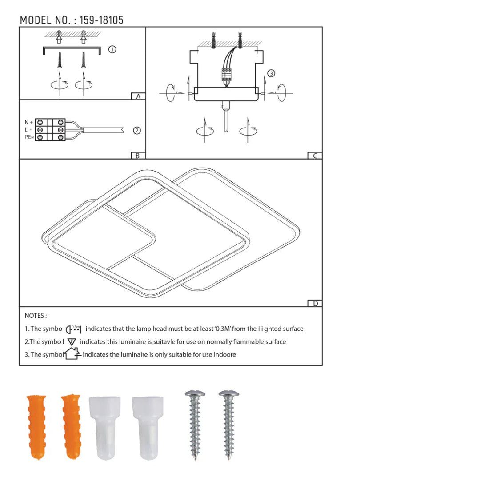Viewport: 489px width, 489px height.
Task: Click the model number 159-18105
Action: point(101,20)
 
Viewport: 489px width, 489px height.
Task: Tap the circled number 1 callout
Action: point(112,49)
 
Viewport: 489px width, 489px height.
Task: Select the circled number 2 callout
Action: point(137,131)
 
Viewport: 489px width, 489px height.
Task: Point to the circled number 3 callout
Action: point(271,73)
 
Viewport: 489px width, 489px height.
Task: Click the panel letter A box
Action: point(138,96)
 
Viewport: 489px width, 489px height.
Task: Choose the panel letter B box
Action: point(138,156)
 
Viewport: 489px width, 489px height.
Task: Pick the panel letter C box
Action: point(315,156)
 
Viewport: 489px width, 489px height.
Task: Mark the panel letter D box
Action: point(315,304)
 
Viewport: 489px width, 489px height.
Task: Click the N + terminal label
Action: point(29,123)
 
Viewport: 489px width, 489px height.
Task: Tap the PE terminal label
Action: point(29,137)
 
